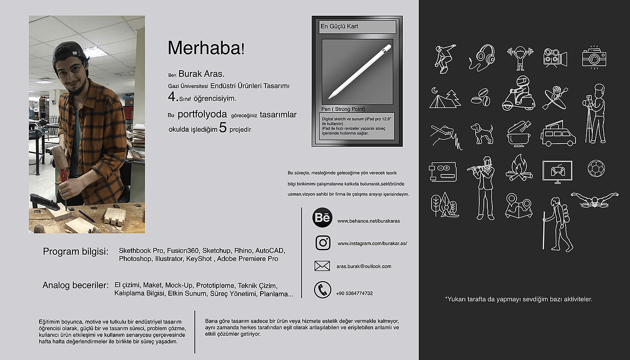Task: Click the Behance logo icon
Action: coord(322,218)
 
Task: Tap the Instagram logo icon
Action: coord(323,243)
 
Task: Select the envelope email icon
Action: coord(322,266)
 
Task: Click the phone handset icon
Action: coord(322,290)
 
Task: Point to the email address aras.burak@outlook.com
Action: coord(364,266)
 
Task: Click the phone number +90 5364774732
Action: coord(354,293)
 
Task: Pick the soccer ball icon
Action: coord(596,169)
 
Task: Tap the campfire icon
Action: coord(519,168)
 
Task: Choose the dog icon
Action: coord(481,133)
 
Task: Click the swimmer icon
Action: coord(594,199)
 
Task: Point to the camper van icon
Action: coord(558,133)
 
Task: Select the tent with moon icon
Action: coord(445,98)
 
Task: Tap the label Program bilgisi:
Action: coord(76,252)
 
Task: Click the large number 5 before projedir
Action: coord(223,128)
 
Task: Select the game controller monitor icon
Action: coord(557,171)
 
